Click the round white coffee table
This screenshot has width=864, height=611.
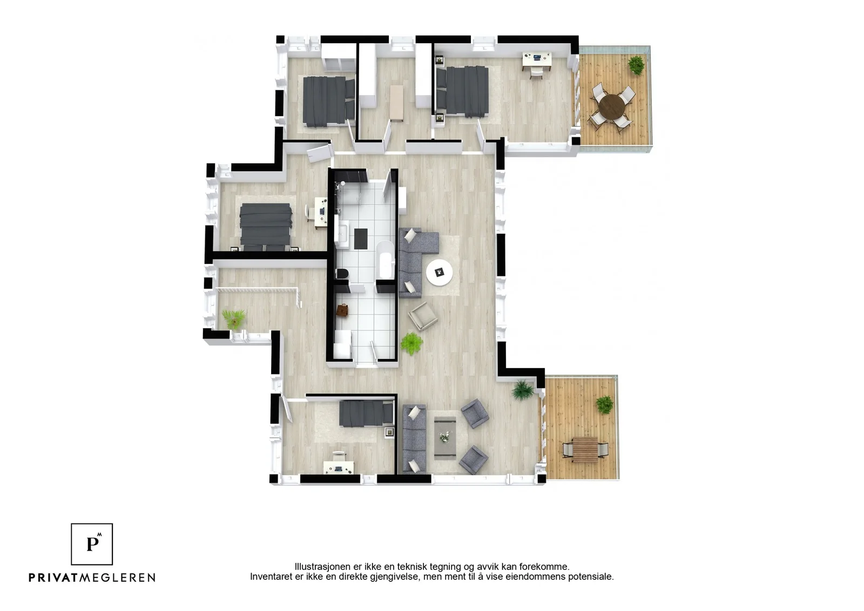pyautogui.click(x=440, y=273)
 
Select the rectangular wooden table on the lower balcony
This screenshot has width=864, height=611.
pyautogui.click(x=585, y=450)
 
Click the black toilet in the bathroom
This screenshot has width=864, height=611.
pyautogui.click(x=342, y=274)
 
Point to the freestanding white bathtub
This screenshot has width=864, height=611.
pyautogui.click(x=386, y=260)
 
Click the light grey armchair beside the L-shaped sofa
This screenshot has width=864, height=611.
pyautogui.click(x=423, y=316)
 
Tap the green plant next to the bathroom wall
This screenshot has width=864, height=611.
pyautogui.click(x=412, y=343)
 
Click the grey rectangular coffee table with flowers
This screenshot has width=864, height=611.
pyautogui.click(x=445, y=438)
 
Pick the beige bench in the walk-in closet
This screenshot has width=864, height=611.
pyautogui.click(x=397, y=103)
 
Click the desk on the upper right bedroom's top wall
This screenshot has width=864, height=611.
pyautogui.click(x=537, y=60)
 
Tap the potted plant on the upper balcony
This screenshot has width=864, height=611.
pyautogui.click(x=636, y=65)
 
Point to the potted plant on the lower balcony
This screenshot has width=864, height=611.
pyautogui.click(x=604, y=404)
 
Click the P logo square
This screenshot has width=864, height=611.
pyautogui.click(x=92, y=544)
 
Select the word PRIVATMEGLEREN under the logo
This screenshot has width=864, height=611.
pyautogui.click(x=92, y=578)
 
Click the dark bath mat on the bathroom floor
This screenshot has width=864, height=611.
pyautogui.click(x=361, y=239)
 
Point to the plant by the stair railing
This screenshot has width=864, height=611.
pyautogui.click(x=234, y=319)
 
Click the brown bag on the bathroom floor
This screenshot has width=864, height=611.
pyautogui.click(x=342, y=311)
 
